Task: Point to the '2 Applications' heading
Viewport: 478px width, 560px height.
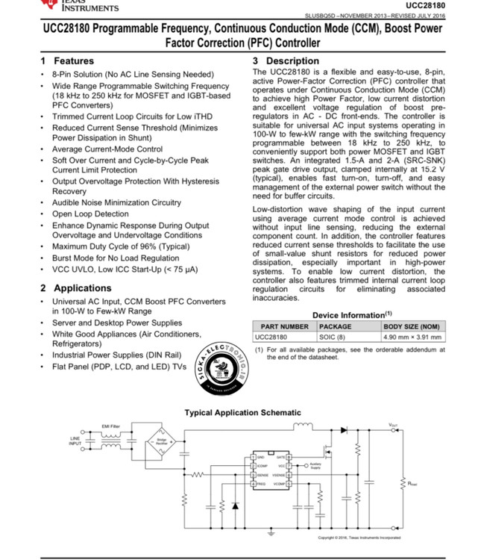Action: click(76, 287)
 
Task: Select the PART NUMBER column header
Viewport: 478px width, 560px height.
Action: click(284, 326)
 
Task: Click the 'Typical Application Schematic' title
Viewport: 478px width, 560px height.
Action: click(243, 412)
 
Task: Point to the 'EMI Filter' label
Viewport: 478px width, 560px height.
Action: click(110, 425)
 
